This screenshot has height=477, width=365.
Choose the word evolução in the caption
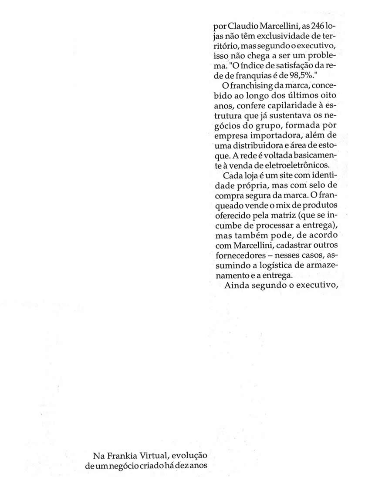[x=187, y=456]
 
